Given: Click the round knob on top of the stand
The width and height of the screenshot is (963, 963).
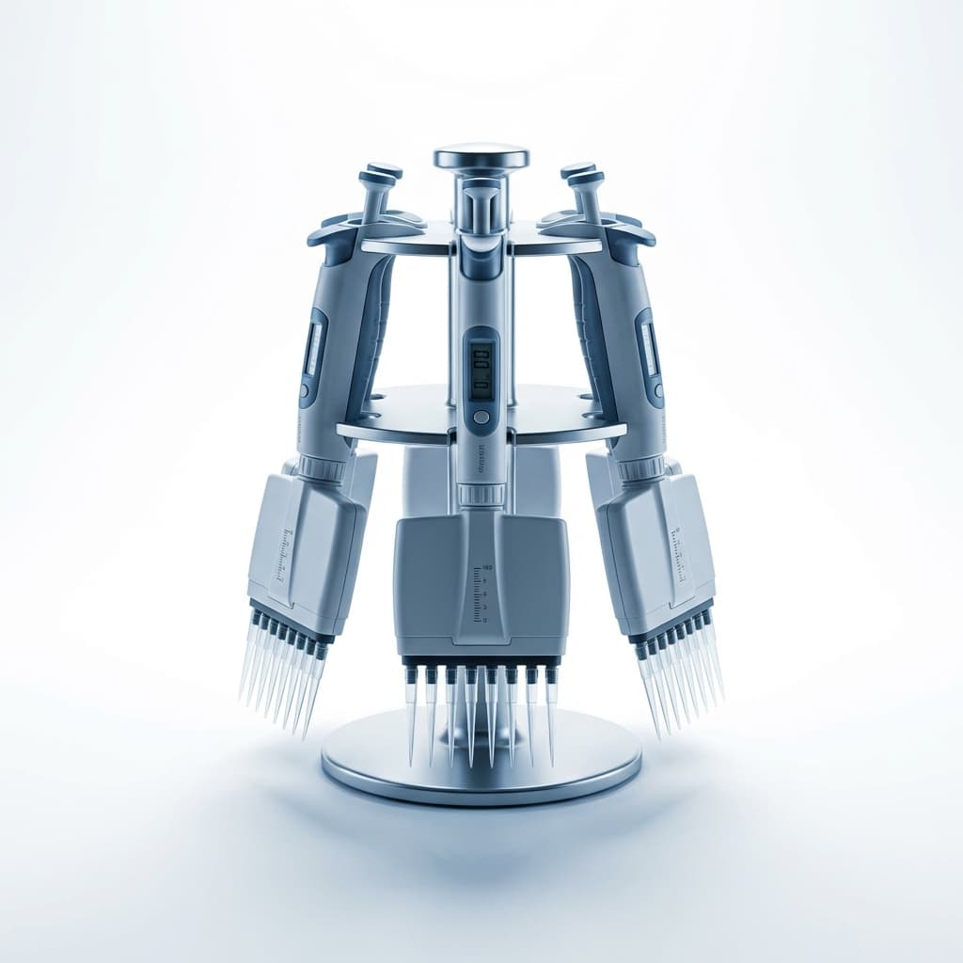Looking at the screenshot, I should [x=481, y=156].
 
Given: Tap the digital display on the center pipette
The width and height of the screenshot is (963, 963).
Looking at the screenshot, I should [x=481, y=369].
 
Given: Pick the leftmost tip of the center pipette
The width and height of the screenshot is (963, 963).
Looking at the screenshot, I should [x=411, y=715].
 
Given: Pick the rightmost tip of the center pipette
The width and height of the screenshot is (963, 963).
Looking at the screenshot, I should [x=551, y=715].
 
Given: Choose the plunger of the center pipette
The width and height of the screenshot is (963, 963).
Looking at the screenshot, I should [x=481, y=202].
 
